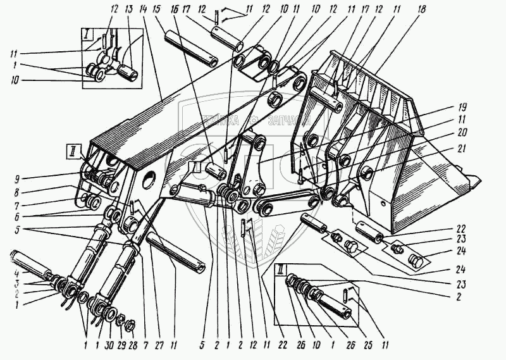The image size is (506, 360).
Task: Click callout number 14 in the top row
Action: point(146,10)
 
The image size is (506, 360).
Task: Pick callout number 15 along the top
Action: point(157,10)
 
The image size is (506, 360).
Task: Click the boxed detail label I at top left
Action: point(85,33)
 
